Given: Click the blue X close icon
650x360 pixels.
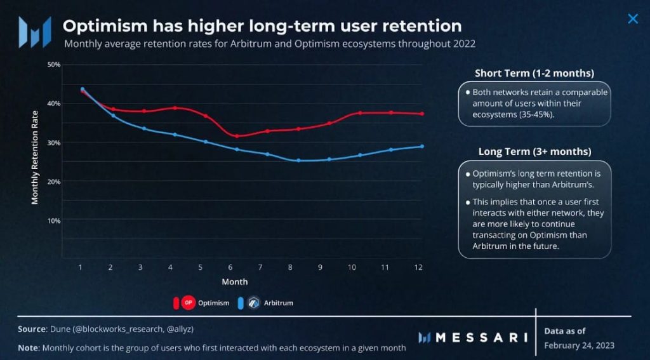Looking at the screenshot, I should (x=632, y=19).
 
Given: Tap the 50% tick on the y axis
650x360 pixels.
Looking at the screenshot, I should (x=53, y=65).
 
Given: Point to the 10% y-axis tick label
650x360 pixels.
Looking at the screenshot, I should (x=53, y=220).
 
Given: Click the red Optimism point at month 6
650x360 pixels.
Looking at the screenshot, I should (x=237, y=136).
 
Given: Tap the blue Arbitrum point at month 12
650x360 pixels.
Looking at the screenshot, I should (x=422, y=147).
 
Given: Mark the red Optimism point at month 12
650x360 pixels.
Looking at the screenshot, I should (x=422, y=114).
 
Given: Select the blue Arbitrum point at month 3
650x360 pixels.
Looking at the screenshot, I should (x=144, y=128).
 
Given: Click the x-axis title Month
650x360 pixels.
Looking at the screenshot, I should (x=234, y=281).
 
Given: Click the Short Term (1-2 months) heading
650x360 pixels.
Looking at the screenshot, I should (x=534, y=73).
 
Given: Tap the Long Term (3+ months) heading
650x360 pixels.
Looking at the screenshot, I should (x=534, y=152).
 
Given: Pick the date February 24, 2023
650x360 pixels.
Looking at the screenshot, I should (x=579, y=345).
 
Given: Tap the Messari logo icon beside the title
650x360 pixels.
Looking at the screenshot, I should (x=34, y=32).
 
